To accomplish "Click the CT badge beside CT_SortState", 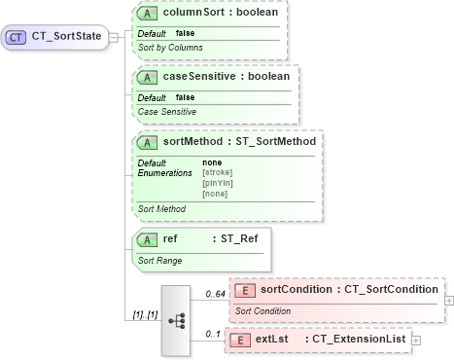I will pyautogui.click(x=17, y=37).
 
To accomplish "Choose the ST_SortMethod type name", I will pyautogui.click(x=275, y=142).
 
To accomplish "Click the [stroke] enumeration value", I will pyautogui.click(x=217, y=172).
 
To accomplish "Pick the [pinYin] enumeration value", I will pyautogui.click(x=217, y=183).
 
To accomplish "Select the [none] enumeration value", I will pyautogui.click(x=215, y=194).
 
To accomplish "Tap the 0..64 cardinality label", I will pyautogui.click(x=215, y=293).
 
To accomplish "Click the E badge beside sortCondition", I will pyautogui.click(x=245, y=289).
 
